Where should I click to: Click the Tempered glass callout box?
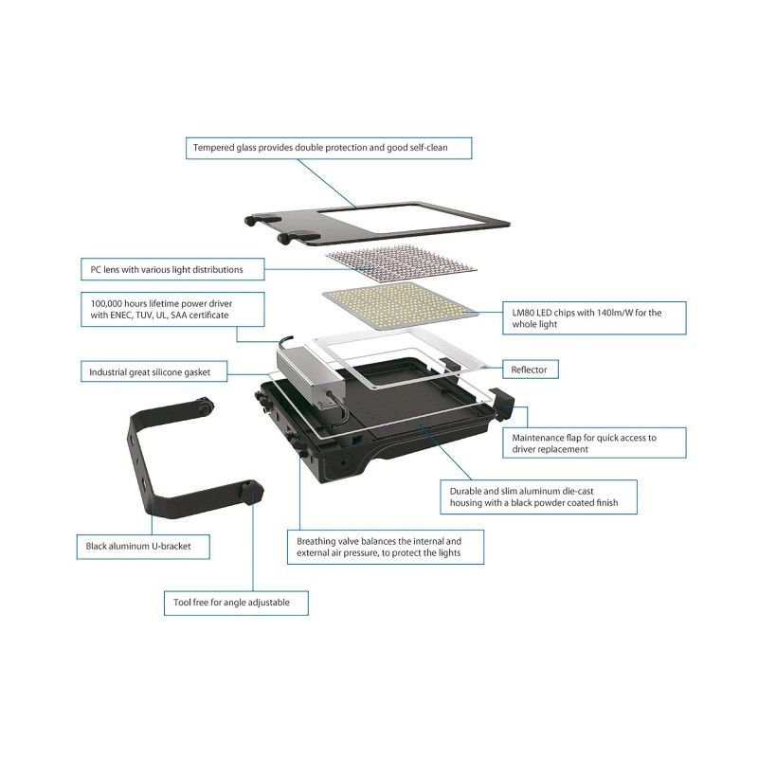tap(329, 148)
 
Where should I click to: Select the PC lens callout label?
tap(172, 269)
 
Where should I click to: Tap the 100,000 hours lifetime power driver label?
tap(172, 310)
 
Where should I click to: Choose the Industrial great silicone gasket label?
tap(153, 371)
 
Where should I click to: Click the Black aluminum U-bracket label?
tap(143, 547)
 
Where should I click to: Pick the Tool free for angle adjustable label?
tap(236, 603)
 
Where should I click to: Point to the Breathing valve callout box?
tap(386, 548)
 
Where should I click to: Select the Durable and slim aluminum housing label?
tap(538, 496)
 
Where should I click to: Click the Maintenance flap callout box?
tap(594, 442)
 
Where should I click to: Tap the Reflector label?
tap(531, 370)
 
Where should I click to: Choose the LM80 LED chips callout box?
tap(594, 318)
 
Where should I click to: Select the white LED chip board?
tap(400, 305)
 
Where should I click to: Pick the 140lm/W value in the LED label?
tap(614, 313)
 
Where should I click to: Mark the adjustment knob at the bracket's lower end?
tap(252, 492)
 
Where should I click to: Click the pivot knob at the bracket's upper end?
tap(204, 406)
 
